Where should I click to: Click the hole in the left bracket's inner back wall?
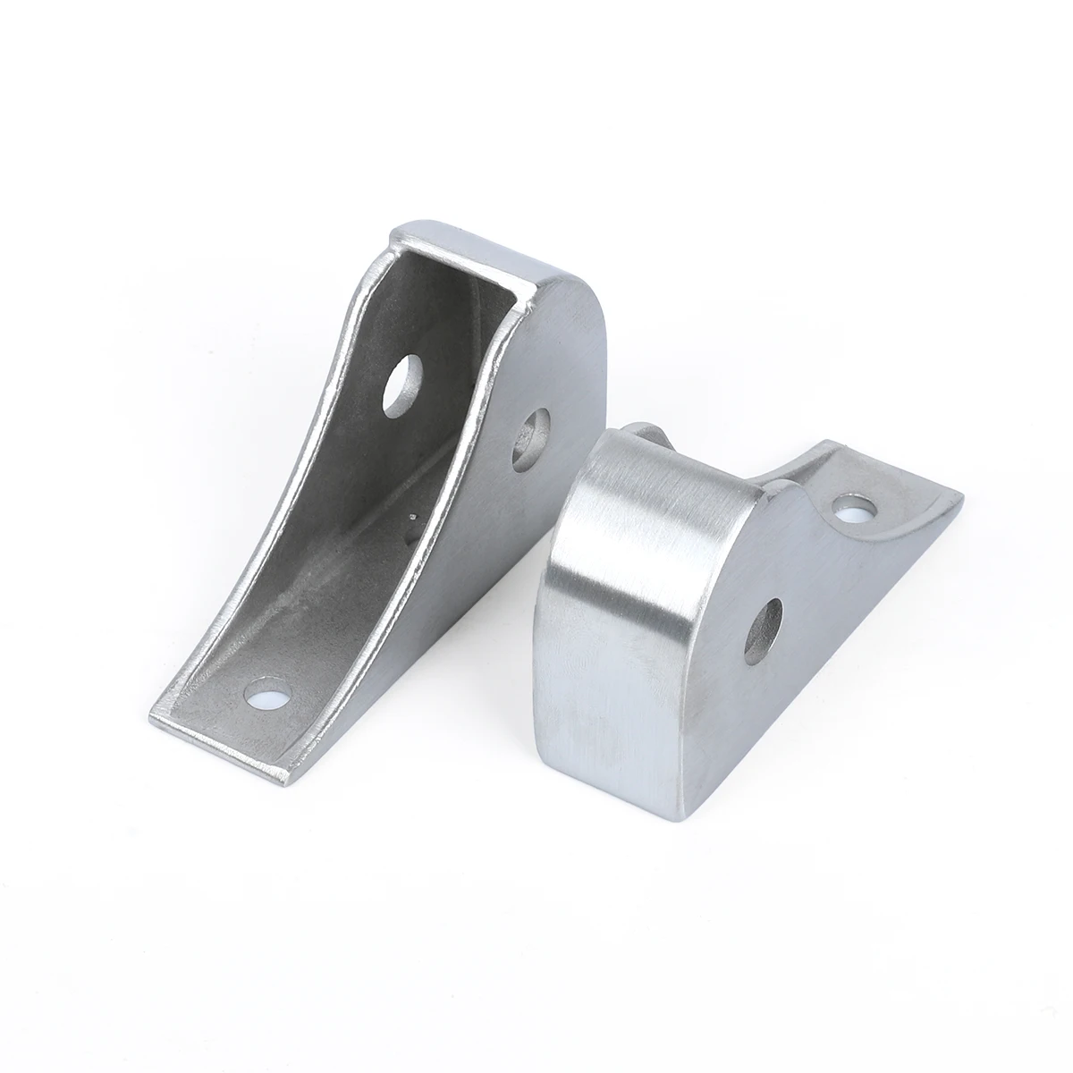(x=402, y=383)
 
